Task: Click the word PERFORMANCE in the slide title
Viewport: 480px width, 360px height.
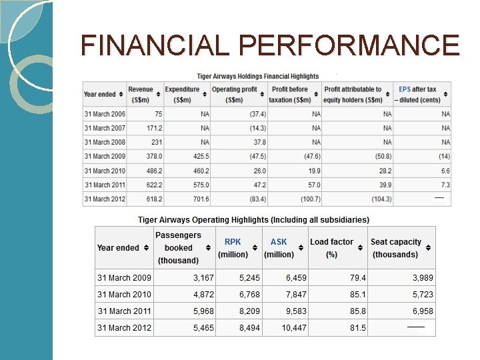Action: pos(349,45)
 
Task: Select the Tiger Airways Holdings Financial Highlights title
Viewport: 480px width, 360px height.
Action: pos(257,76)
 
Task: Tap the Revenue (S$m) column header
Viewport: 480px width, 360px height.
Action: pos(140,94)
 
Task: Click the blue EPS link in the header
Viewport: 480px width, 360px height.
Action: pos(405,89)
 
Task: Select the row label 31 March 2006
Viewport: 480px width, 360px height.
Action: pos(105,114)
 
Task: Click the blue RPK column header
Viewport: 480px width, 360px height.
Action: pos(233,242)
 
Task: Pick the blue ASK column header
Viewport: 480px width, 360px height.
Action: pos(279,242)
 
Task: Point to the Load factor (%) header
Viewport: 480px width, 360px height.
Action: pos(331,248)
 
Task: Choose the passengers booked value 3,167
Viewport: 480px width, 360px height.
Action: pos(203,277)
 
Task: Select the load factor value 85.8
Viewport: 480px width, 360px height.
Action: pos(357,311)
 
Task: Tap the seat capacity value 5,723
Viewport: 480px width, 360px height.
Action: pos(422,294)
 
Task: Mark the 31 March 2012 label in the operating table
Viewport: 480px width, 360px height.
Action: pos(124,327)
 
